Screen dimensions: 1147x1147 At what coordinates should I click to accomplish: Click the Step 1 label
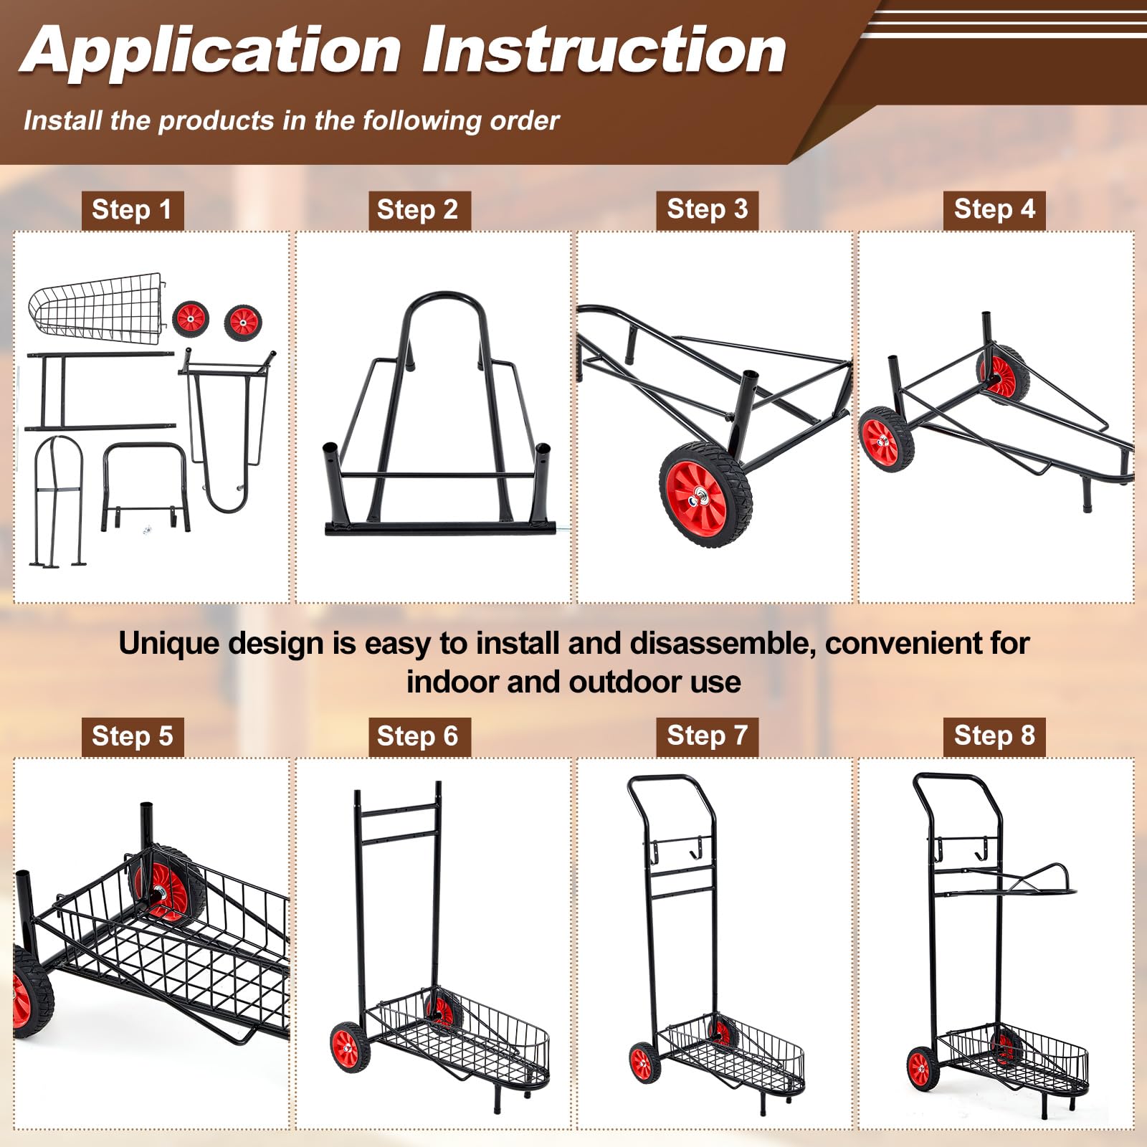132,210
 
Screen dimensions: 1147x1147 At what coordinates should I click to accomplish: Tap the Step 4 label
994,209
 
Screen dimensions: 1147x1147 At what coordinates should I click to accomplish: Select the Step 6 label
417,736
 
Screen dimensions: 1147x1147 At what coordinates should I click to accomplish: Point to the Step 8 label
994,736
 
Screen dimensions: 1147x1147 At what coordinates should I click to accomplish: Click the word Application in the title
211,52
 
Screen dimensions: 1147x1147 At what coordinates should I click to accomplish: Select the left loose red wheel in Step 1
191,318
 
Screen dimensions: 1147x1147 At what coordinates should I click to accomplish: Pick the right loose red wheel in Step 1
243,323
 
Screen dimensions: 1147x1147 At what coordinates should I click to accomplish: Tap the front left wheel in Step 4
886,439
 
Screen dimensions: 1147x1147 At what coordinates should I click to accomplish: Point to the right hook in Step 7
698,848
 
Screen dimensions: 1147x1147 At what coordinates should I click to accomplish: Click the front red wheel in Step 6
349,1047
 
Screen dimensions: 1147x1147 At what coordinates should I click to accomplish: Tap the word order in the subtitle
524,120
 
